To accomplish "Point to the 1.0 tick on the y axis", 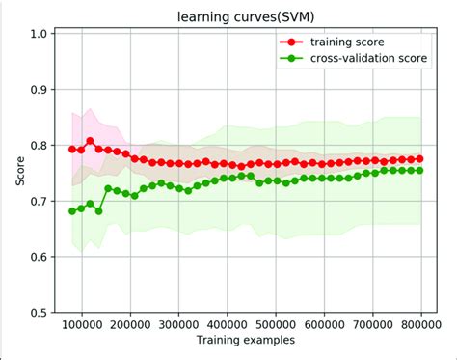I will point(40,34).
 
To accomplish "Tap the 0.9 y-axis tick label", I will point(40,90).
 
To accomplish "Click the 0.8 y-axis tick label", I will point(40,146).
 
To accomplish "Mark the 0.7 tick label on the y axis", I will point(40,201).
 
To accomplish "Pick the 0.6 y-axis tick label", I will point(40,257).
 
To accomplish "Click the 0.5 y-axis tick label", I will point(40,313).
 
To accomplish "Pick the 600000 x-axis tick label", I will point(325,325).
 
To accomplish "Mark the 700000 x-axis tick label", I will point(373,325).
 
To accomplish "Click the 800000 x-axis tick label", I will point(421,325).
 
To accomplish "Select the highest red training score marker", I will point(91,141).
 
